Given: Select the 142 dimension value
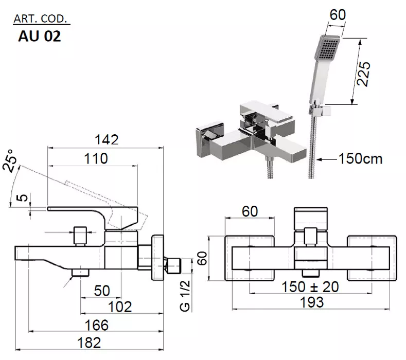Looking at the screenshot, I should [x=106, y=139].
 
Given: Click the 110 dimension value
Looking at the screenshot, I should [x=96, y=158].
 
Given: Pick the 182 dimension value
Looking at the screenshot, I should [x=86, y=343].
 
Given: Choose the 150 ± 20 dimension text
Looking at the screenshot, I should [x=310, y=286].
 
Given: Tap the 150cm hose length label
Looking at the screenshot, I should [x=360, y=158].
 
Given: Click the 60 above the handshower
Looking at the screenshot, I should [x=337, y=14].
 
